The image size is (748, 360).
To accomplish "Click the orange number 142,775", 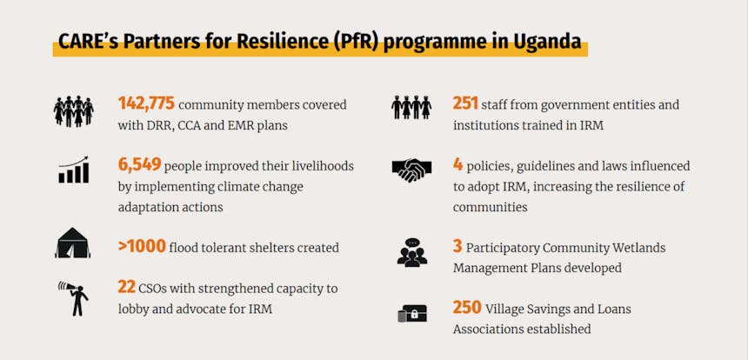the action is point(146,103).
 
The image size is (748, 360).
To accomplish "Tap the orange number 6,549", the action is point(139,164).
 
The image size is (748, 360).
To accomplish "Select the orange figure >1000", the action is point(142,246).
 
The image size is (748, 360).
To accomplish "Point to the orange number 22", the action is point(126,288).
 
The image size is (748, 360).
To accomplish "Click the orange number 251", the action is point(465,103).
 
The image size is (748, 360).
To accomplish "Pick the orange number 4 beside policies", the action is point(457,164).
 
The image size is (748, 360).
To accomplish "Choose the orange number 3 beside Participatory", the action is point(457,246).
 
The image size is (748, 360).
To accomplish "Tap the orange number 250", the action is point(467,308).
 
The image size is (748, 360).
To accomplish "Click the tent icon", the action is point(72,243).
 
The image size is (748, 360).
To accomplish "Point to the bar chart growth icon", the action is point(74,170).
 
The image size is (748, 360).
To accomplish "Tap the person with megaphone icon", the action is point(73,298).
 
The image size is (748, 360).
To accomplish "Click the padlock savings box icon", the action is point(412,314).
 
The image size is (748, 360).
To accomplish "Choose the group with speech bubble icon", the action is point(412,252).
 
